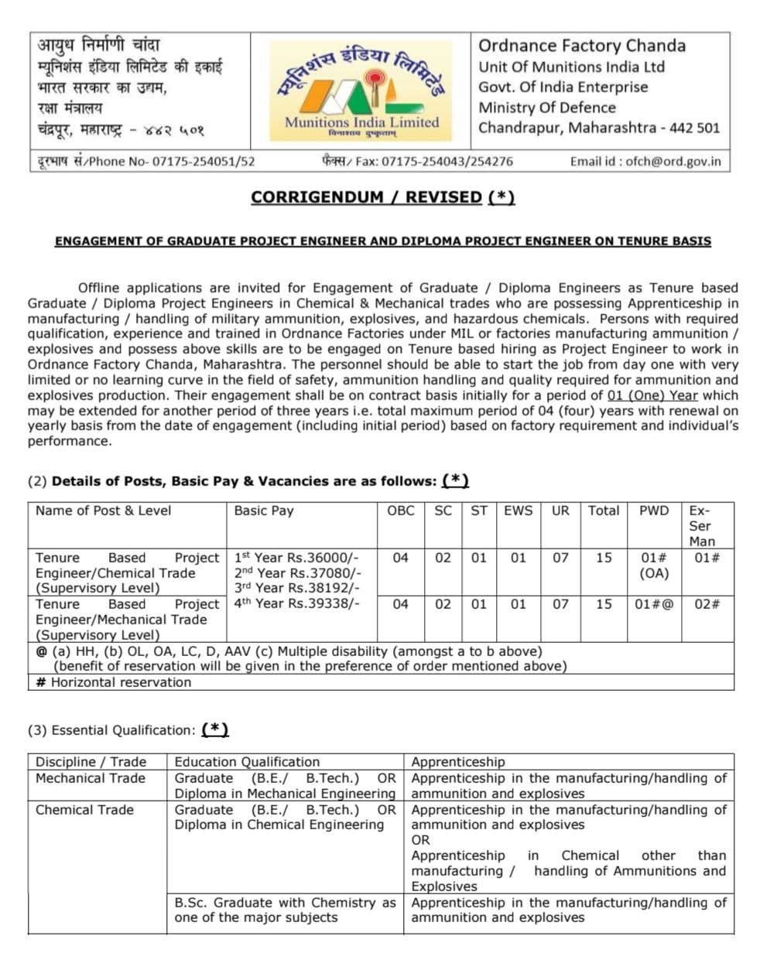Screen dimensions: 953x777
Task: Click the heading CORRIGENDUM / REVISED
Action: pos(382,197)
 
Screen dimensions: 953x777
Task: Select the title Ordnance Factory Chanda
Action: pos(581,46)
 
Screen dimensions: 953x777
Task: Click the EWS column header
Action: pos(518,511)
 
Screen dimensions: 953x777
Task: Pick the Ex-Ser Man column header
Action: pos(702,526)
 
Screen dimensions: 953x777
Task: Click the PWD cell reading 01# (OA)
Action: pos(654,565)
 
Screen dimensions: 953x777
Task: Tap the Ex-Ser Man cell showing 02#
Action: pos(706,604)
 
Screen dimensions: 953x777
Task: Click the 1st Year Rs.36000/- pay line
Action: pos(296,558)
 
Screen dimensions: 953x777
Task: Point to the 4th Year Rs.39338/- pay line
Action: pos(296,604)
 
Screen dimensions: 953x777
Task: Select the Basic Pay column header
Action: pos(264,511)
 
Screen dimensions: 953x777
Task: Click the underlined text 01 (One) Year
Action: pos(652,395)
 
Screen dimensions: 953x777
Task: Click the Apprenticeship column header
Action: pos(457,762)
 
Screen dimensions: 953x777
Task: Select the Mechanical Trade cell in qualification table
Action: pos(90,778)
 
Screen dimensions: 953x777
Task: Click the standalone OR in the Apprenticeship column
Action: pos(420,840)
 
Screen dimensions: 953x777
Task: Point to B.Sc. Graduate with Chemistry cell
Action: pos(285,910)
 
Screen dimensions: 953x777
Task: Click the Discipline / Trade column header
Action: pos(91,762)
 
